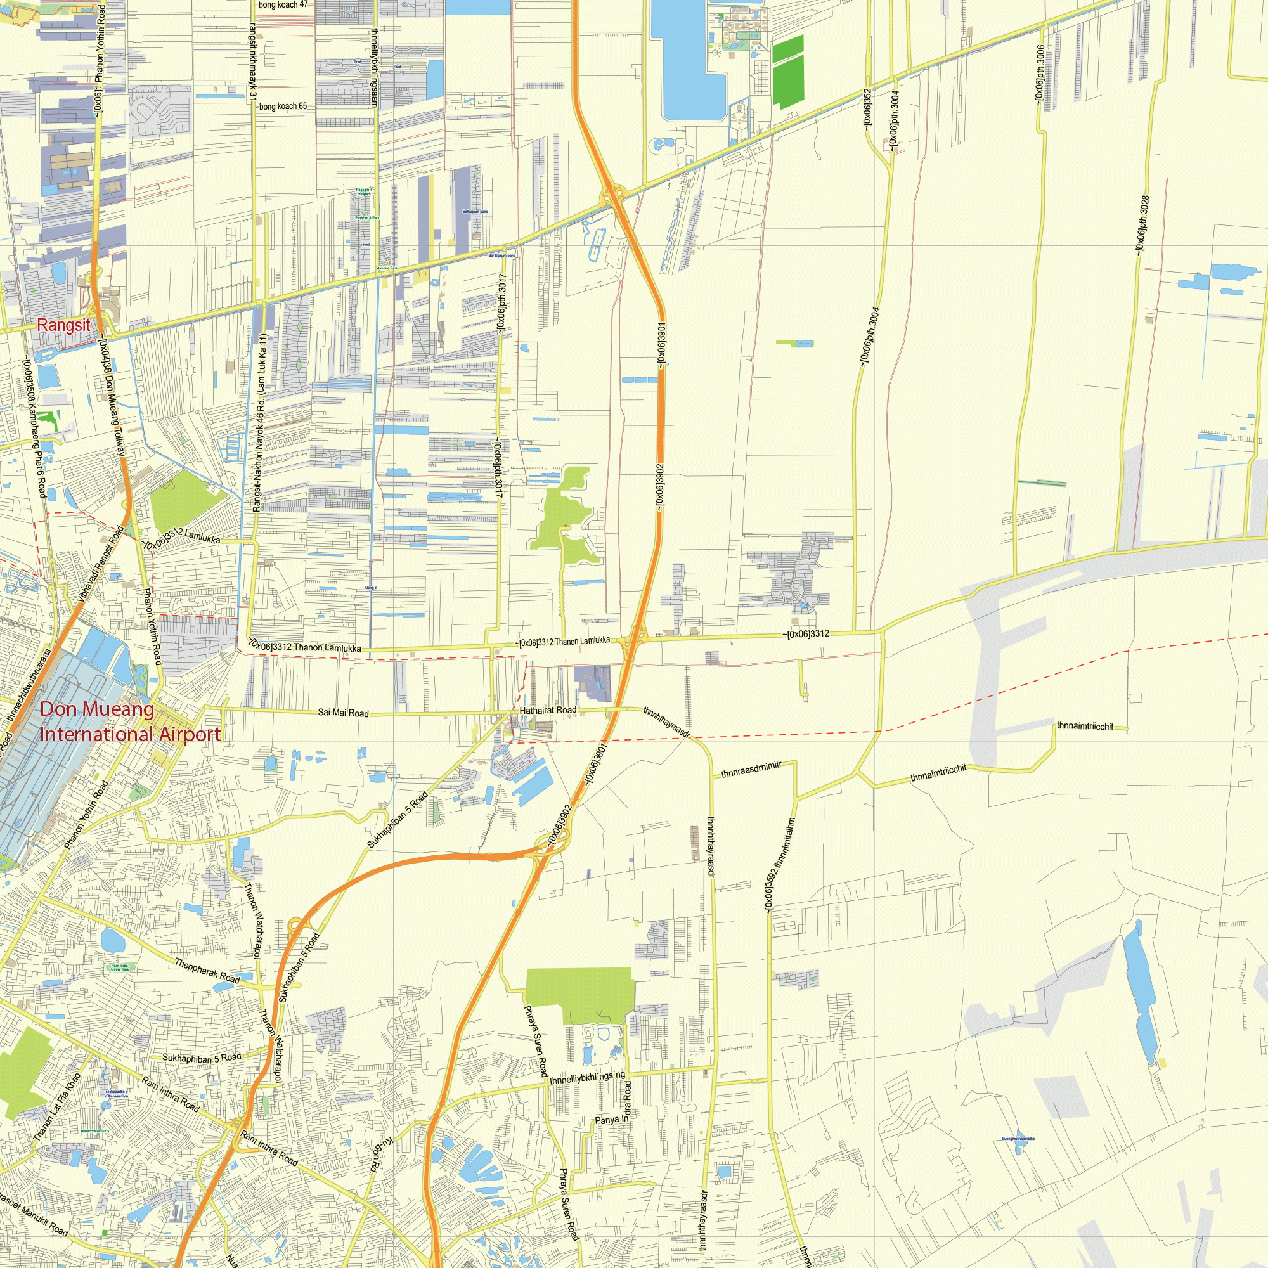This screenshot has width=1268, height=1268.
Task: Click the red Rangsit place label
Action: click(63, 325)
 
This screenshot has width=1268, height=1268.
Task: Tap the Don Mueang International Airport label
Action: click(129, 721)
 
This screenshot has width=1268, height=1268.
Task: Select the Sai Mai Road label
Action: click(343, 713)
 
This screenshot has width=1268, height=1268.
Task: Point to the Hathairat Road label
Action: click(547, 710)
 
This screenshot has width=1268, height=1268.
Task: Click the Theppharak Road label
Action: click(207, 971)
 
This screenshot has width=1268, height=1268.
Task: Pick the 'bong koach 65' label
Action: click(283, 107)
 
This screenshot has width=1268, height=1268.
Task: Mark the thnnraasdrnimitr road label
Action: click(751, 769)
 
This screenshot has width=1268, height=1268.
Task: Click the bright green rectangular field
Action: click(787, 72)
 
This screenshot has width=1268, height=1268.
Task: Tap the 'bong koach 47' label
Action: click(283, 4)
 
